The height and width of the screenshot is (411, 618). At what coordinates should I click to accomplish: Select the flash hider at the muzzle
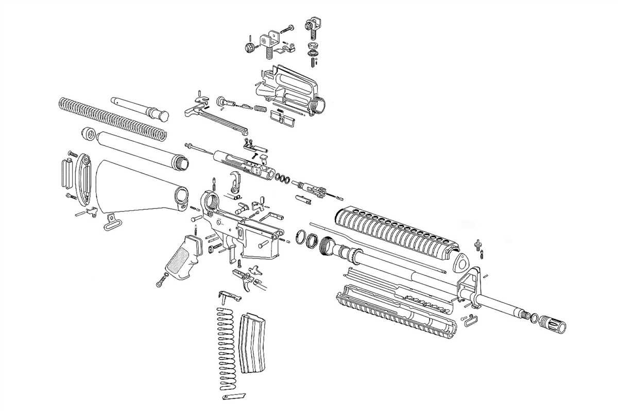click(554, 325)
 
